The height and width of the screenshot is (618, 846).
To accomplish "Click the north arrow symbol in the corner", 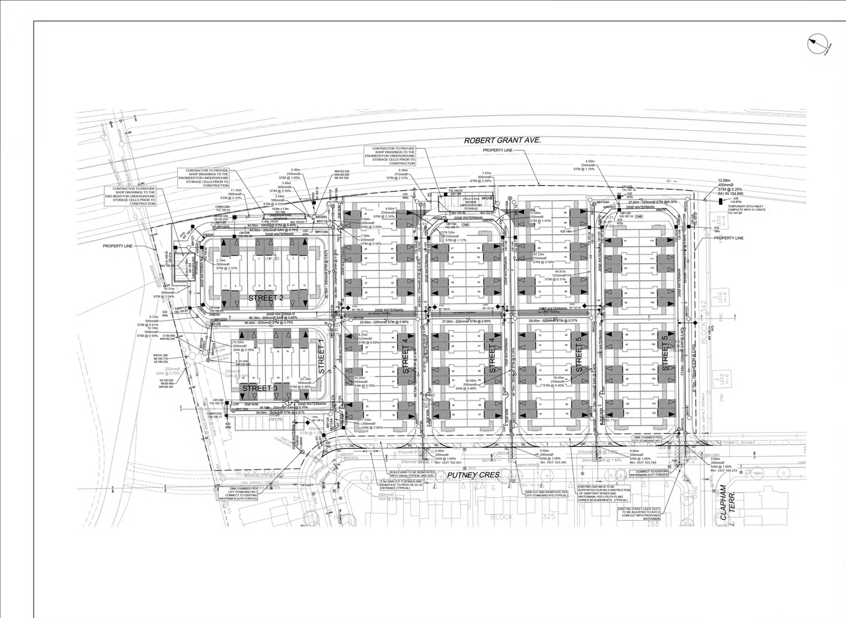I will (x=818, y=45).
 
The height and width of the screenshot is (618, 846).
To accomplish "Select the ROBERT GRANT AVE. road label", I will (x=502, y=140).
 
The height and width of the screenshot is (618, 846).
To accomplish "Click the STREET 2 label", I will (x=266, y=298).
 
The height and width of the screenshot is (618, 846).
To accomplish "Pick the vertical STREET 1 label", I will (x=321, y=358).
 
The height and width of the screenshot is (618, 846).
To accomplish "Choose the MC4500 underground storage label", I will (x=459, y=203).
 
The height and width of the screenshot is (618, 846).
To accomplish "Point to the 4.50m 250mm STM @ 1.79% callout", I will (x=590, y=165).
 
